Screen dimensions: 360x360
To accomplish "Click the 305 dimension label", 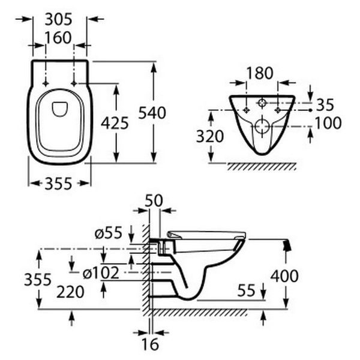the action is click(58, 19).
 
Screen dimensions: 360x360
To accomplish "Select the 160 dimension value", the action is click(58, 38).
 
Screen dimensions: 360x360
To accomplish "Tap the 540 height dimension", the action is click(152, 113).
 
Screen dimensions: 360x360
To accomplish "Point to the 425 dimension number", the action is click(115, 123).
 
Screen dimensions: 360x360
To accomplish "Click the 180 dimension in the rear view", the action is click(260, 73).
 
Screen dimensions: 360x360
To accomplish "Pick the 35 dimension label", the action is click(325, 104).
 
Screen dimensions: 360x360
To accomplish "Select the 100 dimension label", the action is click(328, 123).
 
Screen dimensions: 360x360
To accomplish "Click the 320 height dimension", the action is click(210, 136).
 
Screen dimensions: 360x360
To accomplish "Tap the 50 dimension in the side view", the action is click(154, 200).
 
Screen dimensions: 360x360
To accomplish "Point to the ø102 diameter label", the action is click(101, 273).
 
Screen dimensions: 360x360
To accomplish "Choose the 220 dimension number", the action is click(70, 292).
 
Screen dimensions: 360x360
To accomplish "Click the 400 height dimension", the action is click(284, 276).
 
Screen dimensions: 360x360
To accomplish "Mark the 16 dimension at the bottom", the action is click(150, 344).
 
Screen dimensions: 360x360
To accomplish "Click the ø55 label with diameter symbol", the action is click(109, 233).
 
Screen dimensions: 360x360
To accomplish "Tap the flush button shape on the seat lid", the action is click(60, 109).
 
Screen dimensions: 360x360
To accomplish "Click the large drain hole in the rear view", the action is click(262, 125).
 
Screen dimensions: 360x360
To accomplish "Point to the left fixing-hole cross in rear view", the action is click(247, 110).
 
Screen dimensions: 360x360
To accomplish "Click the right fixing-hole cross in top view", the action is click(74, 83).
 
